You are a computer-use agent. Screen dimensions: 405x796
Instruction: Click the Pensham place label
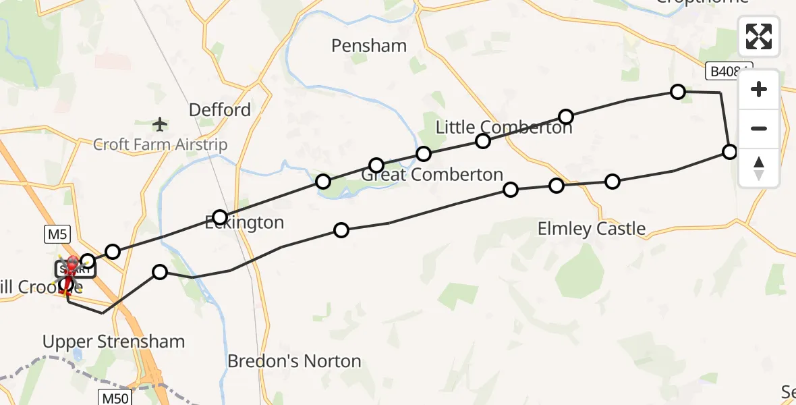[369, 46]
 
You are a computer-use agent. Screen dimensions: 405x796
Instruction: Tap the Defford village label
[220, 110]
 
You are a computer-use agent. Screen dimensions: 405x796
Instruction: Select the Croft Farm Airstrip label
[160, 144]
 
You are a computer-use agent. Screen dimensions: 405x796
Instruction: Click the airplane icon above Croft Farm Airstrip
[160, 124]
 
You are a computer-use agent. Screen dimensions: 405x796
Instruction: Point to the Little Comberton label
[504, 127]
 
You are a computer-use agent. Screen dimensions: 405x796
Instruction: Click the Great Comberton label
[432, 175]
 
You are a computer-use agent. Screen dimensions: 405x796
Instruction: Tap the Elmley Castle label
[592, 229]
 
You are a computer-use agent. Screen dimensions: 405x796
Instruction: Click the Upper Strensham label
[113, 342]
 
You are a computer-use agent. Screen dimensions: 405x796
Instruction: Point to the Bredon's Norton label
[294, 361]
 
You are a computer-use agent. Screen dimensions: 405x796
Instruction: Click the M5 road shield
[57, 234]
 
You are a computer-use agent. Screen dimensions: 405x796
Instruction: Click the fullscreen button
[759, 36]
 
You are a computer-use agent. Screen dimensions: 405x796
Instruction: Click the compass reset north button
[759, 168]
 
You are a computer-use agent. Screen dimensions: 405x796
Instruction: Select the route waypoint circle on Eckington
[220, 217]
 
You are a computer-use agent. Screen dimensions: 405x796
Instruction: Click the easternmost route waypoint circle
[729, 152]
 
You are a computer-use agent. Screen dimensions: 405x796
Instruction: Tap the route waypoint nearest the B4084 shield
[678, 92]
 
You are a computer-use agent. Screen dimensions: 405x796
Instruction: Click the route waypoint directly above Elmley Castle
[557, 186]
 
